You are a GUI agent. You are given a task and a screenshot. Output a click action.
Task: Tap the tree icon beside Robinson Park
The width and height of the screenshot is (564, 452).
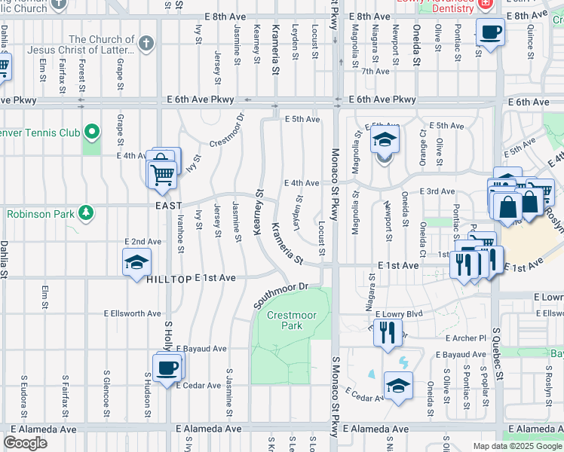pyautogui.click(x=87, y=213)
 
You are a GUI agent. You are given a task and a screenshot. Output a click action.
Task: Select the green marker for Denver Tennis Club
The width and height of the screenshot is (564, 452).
pyautogui.click(x=92, y=133)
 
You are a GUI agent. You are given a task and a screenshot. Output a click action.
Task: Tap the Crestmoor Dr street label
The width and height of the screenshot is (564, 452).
pyautogui.click(x=228, y=131)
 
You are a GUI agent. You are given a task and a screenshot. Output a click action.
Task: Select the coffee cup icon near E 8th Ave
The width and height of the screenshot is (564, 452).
pyautogui.click(x=490, y=32)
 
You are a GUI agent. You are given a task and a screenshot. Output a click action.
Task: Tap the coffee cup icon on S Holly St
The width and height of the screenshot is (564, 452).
pyautogui.click(x=167, y=368)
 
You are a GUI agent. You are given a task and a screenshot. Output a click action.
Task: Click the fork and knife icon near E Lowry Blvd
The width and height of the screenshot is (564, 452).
pyautogui.click(x=388, y=331)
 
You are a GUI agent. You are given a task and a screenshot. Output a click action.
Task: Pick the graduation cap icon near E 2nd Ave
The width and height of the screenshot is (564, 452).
pyautogui.click(x=136, y=263)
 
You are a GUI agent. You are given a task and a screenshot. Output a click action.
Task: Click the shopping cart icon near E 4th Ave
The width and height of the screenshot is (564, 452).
pyautogui.click(x=162, y=174)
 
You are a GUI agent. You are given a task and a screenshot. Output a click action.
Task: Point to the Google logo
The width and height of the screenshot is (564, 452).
pyautogui.click(x=26, y=443)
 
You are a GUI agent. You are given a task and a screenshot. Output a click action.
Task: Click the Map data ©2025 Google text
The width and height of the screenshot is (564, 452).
pyautogui.click(x=517, y=446)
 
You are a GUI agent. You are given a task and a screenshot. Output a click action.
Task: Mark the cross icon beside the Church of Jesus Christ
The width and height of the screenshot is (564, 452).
pyautogui.click(x=146, y=43)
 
